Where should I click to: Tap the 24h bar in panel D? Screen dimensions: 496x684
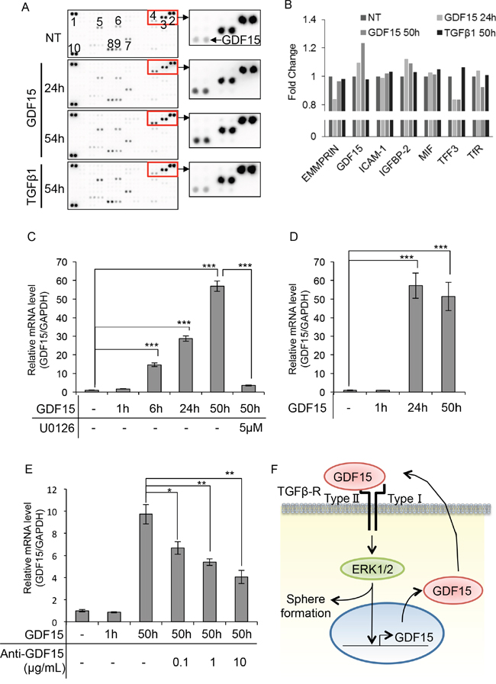tap(415, 339)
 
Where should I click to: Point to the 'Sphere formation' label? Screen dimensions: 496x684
tap(306, 606)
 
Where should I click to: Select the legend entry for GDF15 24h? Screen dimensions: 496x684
tap(466, 18)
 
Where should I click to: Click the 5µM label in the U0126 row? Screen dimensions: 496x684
tap(251, 428)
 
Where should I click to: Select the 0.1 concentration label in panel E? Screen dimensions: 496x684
tap(180, 662)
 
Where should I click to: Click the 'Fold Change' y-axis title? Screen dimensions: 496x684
tap(292, 72)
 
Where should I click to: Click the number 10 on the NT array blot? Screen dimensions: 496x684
tap(74, 47)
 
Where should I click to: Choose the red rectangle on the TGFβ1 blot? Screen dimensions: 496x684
tap(163, 169)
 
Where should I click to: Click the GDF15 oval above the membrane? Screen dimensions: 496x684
tap(353, 477)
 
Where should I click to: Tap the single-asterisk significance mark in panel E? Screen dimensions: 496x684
tap(169, 492)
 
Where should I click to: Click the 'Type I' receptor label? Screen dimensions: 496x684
tap(404, 498)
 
